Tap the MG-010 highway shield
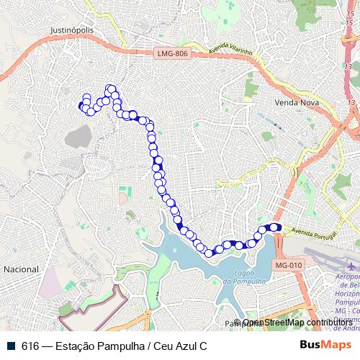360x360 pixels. tap(289, 266)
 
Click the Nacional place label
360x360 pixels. tap(22, 269)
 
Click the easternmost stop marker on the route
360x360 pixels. tap(276, 228)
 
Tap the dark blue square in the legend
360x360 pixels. tap(11, 345)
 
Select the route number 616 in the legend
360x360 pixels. tap(30, 345)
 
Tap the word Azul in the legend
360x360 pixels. tap(184, 345)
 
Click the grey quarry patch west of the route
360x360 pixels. tap(78, 138)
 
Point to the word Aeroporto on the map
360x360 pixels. tap(345, 277)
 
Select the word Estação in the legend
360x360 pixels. tap(76, 345)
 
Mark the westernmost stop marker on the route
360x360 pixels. tap(81, 107)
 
